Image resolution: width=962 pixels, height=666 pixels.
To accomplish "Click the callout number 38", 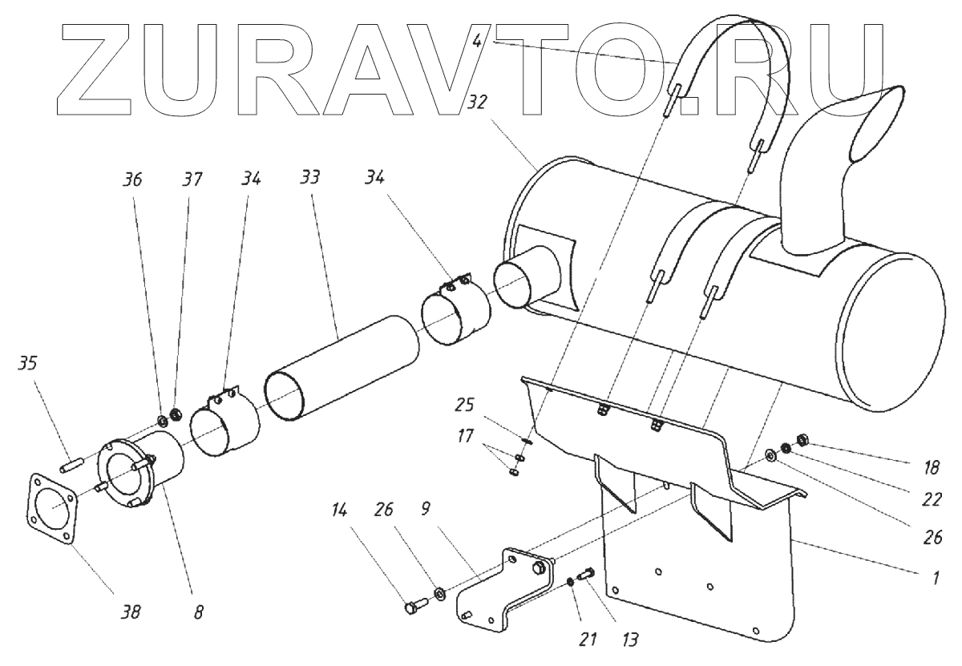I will tap(130, 612).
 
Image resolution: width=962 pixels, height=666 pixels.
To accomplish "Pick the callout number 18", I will tap(932, 464).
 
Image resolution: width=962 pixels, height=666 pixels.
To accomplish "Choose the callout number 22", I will tap(932, 498).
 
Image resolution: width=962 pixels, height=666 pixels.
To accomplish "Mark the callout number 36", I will tap(133, 182).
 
